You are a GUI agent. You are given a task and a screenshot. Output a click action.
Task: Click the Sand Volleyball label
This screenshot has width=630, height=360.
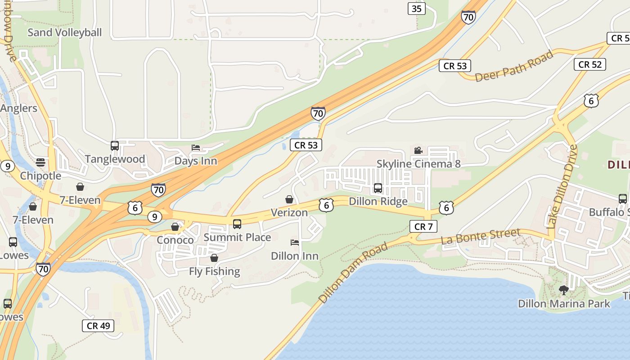[65, 32]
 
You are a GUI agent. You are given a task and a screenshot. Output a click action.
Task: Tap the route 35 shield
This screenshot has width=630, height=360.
[417, 8]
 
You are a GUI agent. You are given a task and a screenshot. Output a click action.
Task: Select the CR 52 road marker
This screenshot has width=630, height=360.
[589, 64]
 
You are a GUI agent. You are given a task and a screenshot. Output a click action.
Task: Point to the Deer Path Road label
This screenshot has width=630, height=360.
[514, 67]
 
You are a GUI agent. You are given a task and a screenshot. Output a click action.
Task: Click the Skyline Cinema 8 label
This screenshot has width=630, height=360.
[418, 164]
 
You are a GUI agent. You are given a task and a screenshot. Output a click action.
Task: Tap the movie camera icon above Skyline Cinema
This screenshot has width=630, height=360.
[418, 151]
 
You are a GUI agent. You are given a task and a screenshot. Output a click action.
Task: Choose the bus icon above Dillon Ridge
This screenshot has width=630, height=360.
[378, 188]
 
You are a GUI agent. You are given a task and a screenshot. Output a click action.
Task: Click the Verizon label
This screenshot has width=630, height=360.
[289, 212]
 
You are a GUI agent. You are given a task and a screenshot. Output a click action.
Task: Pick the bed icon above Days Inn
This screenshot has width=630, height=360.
[195, 148]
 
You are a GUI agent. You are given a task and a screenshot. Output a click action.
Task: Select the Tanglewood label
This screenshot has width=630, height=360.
[115, 159]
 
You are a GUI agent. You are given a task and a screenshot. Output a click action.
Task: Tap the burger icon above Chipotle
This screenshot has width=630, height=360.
[40, 162]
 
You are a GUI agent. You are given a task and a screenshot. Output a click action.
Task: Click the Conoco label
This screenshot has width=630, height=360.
[175, 240]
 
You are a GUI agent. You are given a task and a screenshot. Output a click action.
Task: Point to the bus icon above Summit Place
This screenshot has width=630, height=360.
[237, 224]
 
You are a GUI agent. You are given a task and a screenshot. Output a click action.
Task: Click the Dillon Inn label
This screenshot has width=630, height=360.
[295, 256]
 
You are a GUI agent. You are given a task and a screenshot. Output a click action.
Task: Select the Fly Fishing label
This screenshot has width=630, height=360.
[214, 271]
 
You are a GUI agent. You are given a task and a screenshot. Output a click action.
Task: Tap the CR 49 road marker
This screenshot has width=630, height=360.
[98, 326]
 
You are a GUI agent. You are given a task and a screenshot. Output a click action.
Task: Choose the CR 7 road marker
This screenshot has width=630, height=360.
[423, 226]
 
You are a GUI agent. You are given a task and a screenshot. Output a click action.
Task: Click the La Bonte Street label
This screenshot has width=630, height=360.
[481, 236]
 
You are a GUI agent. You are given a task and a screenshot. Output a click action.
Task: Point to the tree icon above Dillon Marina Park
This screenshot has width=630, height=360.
[563, 290]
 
